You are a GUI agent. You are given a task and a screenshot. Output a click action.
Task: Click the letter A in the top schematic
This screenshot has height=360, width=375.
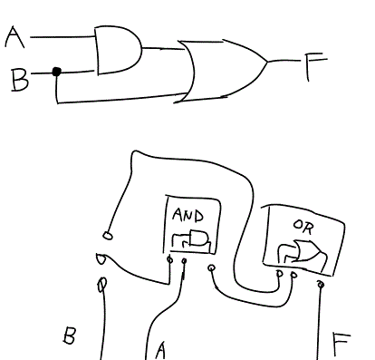click(14, 37)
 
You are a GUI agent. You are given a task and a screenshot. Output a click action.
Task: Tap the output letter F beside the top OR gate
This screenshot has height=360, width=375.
click(315, 64)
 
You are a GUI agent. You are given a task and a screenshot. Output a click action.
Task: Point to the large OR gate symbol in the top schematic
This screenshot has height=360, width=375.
click(223, 69)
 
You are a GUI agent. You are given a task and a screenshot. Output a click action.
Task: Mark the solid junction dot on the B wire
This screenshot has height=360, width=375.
click(56, 71)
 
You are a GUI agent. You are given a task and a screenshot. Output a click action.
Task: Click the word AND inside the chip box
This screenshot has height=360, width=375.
click(187, 216)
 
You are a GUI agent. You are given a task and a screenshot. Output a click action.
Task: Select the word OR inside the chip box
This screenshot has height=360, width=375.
click(302, 225)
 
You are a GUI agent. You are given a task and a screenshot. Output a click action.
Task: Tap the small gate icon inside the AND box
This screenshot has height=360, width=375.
click(191, 240)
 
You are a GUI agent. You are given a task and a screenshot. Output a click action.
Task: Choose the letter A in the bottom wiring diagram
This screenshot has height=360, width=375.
click(160, 348)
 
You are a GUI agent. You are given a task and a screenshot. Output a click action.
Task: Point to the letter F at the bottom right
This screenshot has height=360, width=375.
click(341, 344)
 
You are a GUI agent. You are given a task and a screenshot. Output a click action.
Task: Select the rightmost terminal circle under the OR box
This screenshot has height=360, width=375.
click(320, 282)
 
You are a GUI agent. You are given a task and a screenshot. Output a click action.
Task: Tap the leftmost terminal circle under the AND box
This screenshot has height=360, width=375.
click(170, 264)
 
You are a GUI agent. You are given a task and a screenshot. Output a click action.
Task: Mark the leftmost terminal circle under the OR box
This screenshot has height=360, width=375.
click(280, 273)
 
